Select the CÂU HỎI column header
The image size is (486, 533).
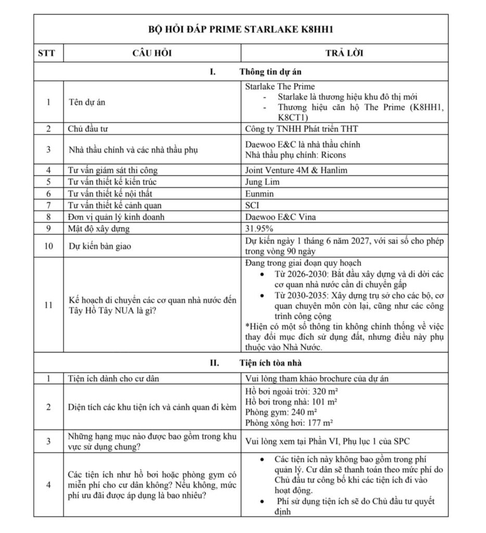(x=152, y=53)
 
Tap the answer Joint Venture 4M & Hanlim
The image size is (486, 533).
(x=296, y=170)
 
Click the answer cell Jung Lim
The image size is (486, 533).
(x=262, y=182)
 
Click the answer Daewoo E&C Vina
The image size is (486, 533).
(x=278, y=217)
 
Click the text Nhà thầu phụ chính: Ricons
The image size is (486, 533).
(x=295, y=155)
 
